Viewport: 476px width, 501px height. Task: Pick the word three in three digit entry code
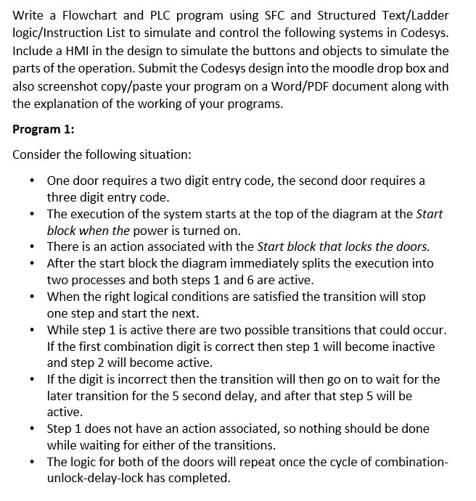[x=63, y=197]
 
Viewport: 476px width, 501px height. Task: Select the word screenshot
[x=65, y=86]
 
